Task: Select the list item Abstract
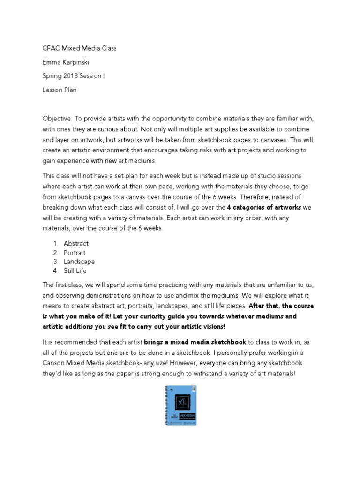click(x=76, y=243)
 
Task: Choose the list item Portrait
click(x=75, y=253)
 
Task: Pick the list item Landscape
click(x=79, y=262)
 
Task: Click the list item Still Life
click(x=75, y=270)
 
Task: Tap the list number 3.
click(x=55, y=262)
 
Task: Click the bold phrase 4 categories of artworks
click(x=260, y=207)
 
